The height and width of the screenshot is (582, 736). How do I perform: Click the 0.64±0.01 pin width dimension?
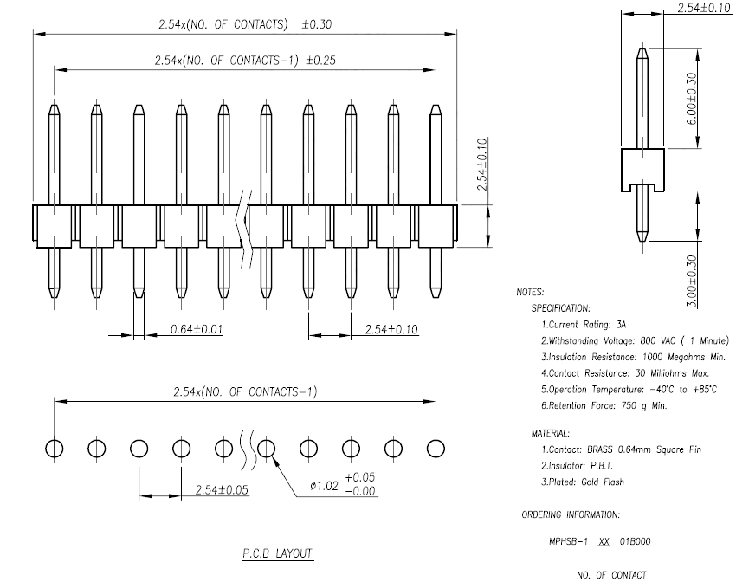pos(197,329)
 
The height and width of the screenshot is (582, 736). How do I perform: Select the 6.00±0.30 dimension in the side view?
pos(692,99)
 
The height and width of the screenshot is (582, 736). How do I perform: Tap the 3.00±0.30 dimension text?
pos(692,281)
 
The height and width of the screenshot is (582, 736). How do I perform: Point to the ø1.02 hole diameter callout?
pos(324,485)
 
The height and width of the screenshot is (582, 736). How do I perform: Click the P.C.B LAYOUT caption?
pos(277,553)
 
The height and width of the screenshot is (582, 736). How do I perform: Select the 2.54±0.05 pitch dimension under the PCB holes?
pos(222,490)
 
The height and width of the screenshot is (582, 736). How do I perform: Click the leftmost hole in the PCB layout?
pos(54,449)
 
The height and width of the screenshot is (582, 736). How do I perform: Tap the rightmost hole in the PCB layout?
pos(436,449)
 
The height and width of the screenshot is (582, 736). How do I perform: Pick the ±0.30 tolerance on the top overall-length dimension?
pos(317,24)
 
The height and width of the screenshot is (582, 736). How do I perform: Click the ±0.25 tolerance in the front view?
pos(321,60)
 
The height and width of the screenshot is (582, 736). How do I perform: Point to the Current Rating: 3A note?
pos(584,324)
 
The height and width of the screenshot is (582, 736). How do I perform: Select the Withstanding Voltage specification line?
pos(635,340)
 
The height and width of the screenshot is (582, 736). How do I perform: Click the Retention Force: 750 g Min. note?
pos(604,405)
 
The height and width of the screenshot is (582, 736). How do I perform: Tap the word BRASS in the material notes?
pos(600,449)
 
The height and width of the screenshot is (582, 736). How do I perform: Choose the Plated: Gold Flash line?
pos(583,482)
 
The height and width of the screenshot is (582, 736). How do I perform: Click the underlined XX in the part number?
pos(604,541)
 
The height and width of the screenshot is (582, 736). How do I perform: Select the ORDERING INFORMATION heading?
pos(571,515)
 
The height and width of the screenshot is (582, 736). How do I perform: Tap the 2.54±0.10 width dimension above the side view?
pos(703,8)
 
